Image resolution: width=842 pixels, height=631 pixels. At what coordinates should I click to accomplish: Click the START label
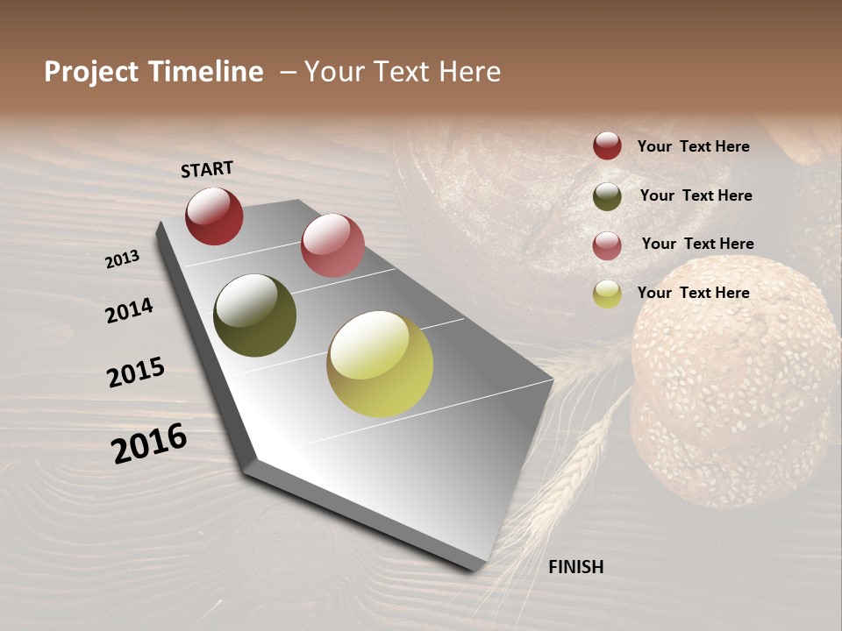(207, 169)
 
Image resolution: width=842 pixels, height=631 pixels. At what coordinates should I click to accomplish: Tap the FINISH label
(575, 567)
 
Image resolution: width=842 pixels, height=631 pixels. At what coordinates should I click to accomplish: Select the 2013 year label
(123, 259)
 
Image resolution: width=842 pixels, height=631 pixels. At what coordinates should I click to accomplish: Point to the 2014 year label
(129, 310)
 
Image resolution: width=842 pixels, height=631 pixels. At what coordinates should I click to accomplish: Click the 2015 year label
(136, 372)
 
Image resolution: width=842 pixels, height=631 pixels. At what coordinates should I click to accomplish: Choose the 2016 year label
(149, 443)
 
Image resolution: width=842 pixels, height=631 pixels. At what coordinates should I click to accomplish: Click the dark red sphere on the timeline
(214, 216)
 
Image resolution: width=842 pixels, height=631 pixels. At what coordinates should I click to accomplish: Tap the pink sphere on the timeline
(332, 245)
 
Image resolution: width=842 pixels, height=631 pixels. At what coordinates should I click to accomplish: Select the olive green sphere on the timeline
(254, 315)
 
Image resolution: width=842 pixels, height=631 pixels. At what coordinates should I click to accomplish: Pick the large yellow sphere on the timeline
(380, 364)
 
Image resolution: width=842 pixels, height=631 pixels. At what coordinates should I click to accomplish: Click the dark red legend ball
(607, 145)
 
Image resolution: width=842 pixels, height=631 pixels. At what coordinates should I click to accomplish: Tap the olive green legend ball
(607, 196)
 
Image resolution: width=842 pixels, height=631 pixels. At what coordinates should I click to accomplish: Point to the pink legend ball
(607, 245)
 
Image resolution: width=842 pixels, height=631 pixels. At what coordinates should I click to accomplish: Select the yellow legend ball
(607, 294)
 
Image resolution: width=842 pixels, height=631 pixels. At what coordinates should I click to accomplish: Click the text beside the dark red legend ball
(693, 146)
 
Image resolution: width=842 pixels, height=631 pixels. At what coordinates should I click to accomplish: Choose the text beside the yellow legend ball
(693, 293)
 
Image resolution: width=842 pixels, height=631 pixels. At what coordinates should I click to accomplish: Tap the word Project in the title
(91, 72)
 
